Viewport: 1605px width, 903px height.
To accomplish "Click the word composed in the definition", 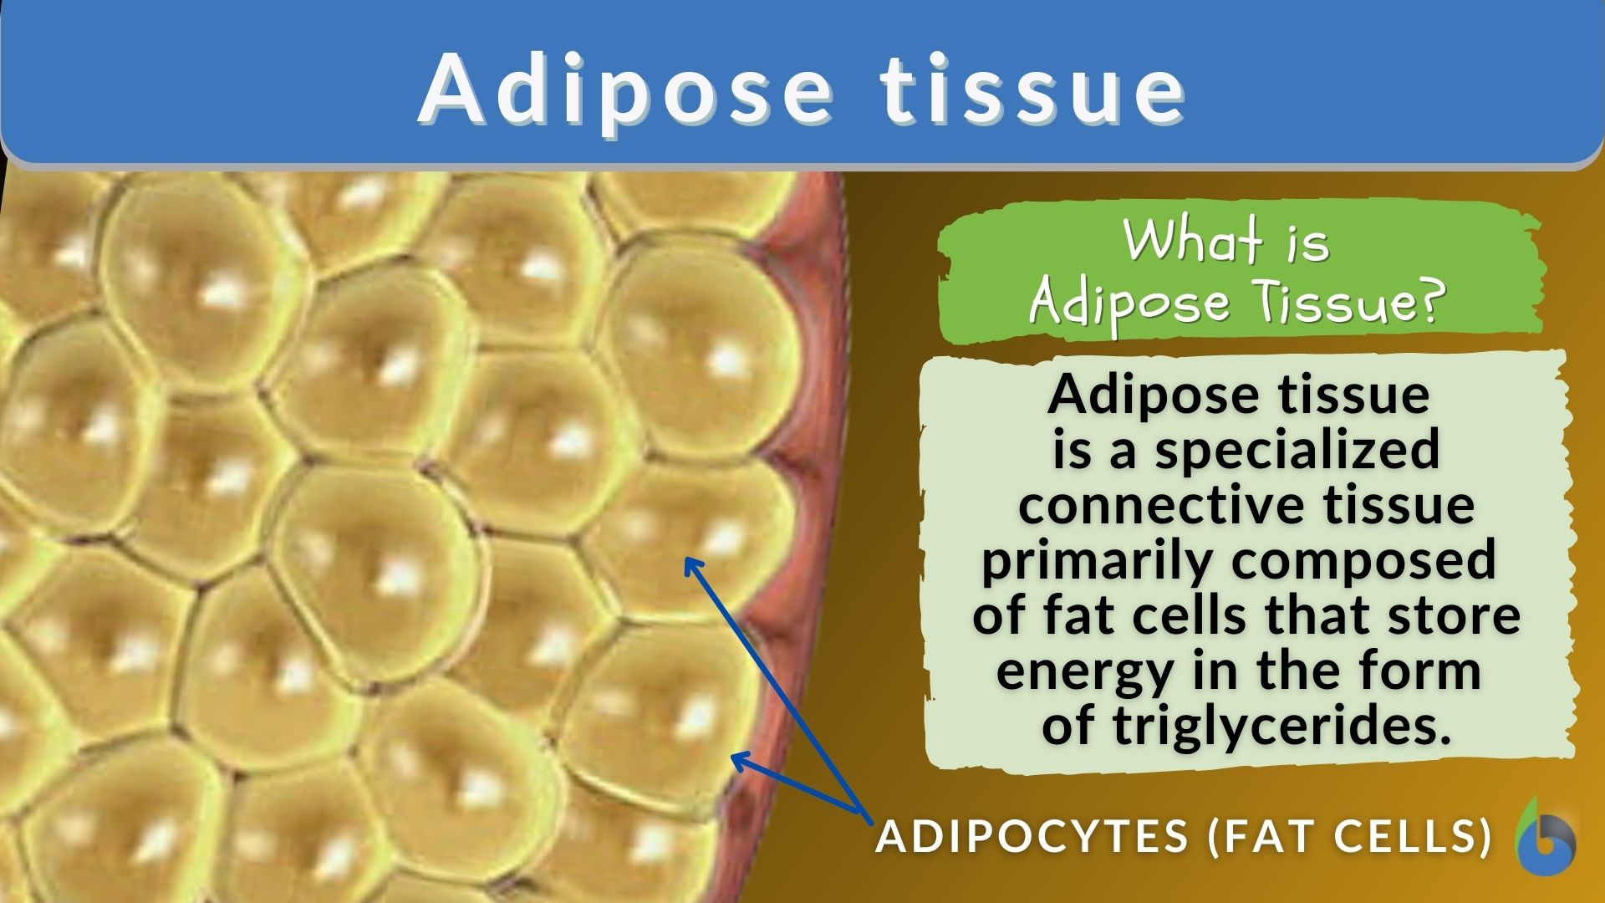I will [x=1363, y=560].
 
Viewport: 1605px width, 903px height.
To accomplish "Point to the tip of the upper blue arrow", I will [x=687, y=560].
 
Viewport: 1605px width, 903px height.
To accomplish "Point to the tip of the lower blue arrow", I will [x=734, y=757].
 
